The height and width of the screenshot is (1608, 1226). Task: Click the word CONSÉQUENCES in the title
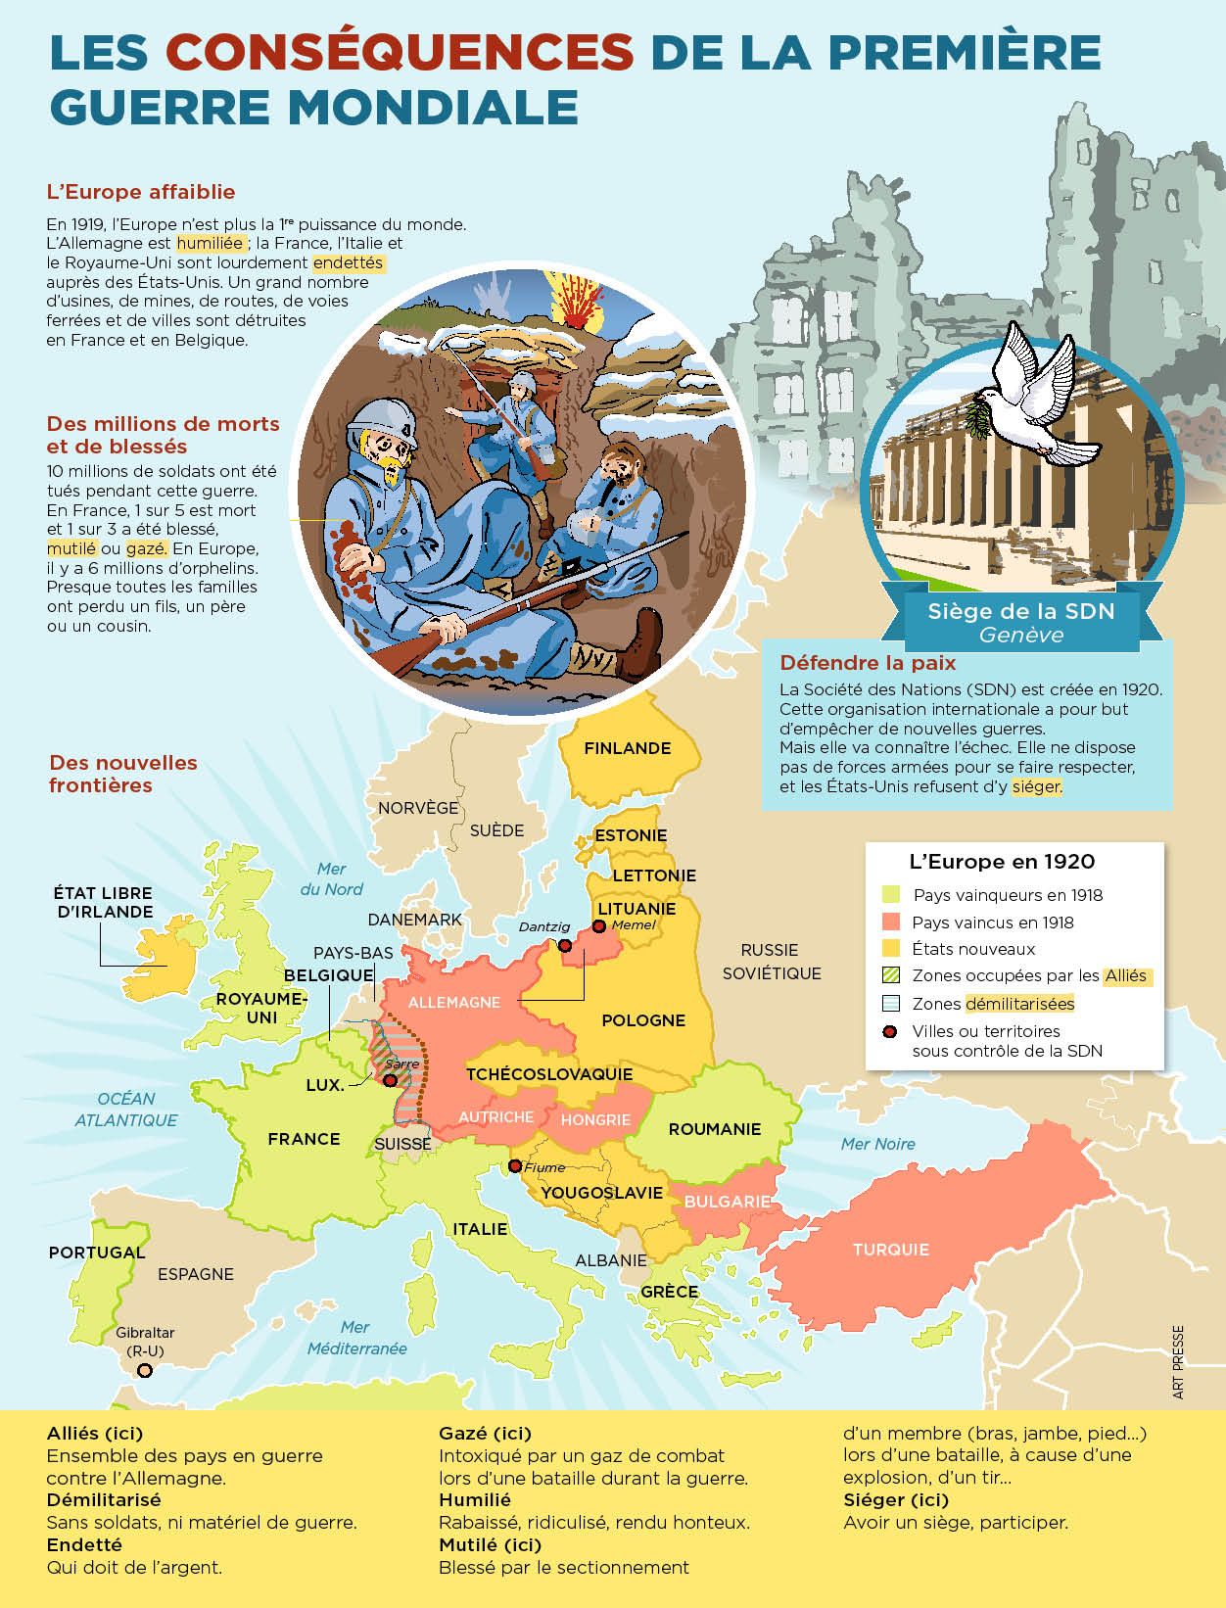400,52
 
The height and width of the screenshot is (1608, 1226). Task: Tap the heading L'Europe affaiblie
141,192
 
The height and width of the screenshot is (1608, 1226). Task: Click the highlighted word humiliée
210,243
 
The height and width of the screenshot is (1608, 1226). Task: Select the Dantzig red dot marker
565,945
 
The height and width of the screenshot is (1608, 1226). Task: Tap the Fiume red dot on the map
515,1166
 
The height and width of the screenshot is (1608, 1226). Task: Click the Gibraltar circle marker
145,1371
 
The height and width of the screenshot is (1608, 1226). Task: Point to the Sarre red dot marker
390,1080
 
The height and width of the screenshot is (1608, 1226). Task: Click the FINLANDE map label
628,748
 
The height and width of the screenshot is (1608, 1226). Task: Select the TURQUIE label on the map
890,1250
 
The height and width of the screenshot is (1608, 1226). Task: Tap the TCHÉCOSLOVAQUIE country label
549,1074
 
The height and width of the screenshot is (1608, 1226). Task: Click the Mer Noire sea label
877,1144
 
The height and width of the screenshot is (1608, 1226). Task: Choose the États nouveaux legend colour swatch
890,948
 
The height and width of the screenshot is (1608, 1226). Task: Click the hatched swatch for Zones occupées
890,975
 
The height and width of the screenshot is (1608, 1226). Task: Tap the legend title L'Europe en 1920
1002,862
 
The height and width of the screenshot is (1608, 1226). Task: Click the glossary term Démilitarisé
104,1499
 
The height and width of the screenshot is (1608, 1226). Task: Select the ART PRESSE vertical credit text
1178,1362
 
